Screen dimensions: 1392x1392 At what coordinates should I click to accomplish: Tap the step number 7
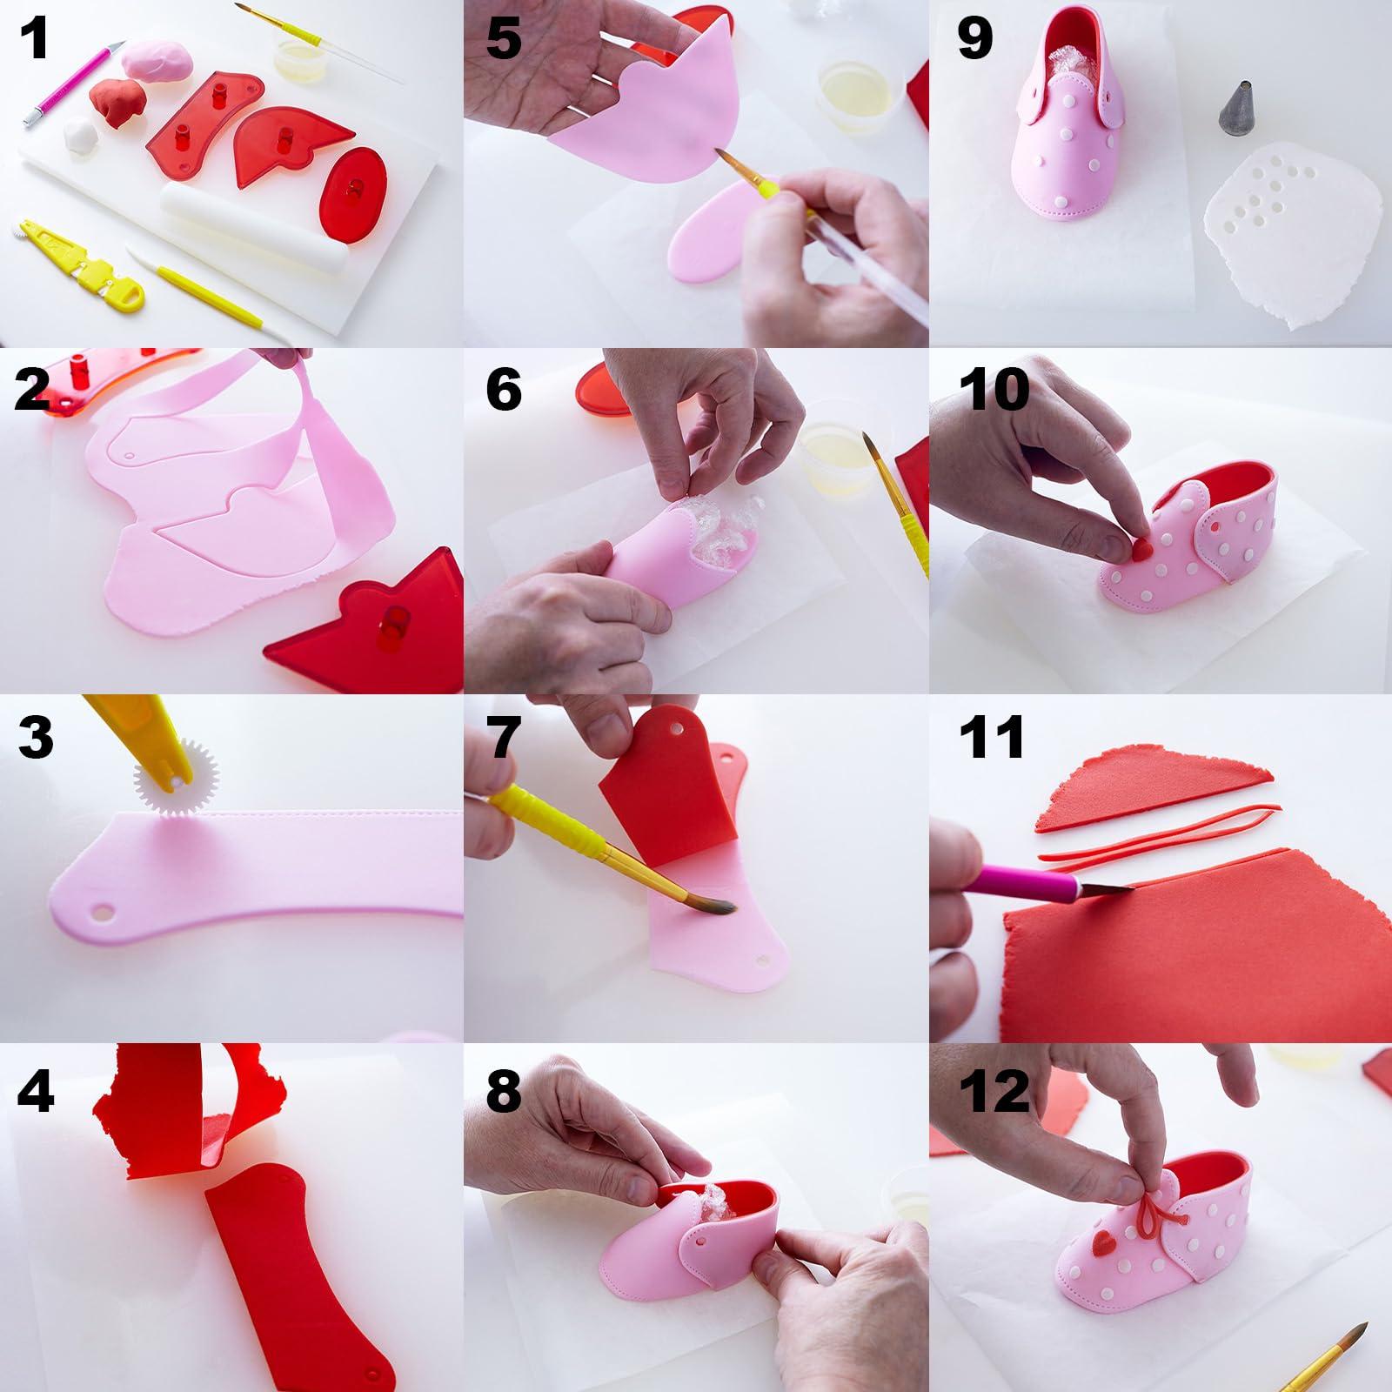(x=502, y=737)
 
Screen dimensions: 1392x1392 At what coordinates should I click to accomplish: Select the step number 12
(x=994, y=1090)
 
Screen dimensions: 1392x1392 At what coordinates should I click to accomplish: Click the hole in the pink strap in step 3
(x=104, y=913)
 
